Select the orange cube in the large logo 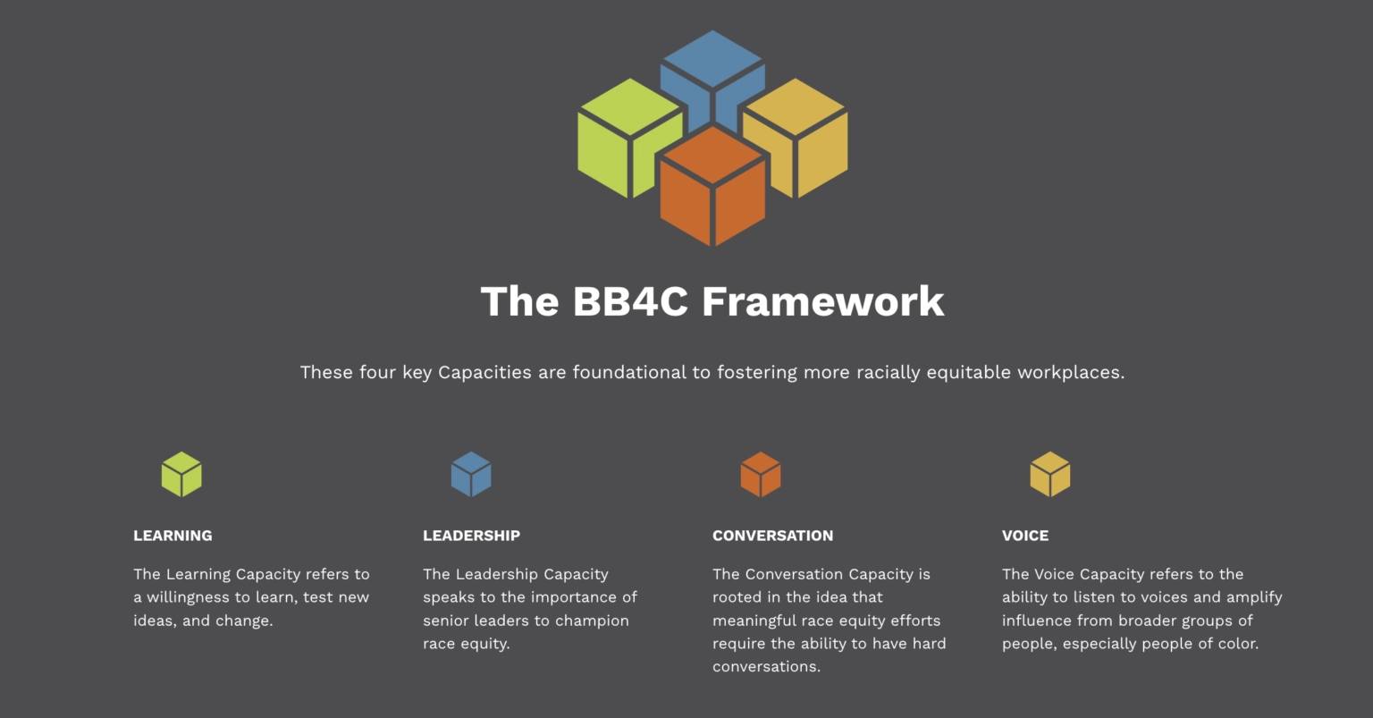click(x=712, y=186)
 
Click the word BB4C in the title click(x=630, y=301)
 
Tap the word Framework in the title click(x=823, y=301)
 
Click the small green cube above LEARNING click(x=181, y=474)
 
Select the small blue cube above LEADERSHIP click(x=471, y=474)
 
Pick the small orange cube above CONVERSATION click(x=761, y=474)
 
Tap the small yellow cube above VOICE click(x=1050, y=474)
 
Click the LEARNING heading click(x=173, y=536)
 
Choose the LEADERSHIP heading click(x=471, y=536)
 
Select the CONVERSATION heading click(x=773, y=536)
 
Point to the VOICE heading click(x=1025, y=536)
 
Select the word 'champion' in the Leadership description click(x=592, y=621)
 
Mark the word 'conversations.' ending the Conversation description click(x=766, y=666)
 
